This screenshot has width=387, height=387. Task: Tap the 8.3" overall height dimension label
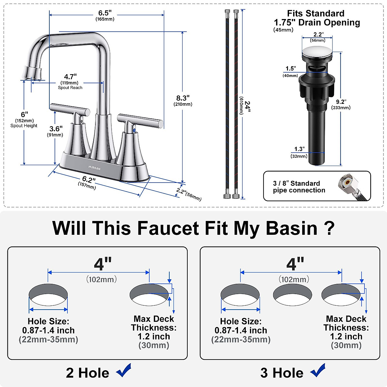pos(183,98)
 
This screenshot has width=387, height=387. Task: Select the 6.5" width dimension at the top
pos(105,13)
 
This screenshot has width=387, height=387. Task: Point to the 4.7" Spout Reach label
pos(70,77)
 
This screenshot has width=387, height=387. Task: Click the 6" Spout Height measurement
pos(25,115)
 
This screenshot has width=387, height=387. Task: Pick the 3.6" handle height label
pos(56,129)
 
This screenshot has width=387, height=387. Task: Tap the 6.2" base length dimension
pos(89,180)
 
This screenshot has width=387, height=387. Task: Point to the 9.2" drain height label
pos(341,102)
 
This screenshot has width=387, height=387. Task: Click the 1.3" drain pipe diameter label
pos(299,149)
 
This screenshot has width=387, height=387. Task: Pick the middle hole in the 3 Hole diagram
pos(292,294)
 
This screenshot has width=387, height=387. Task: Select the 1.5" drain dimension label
pos(291,69)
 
